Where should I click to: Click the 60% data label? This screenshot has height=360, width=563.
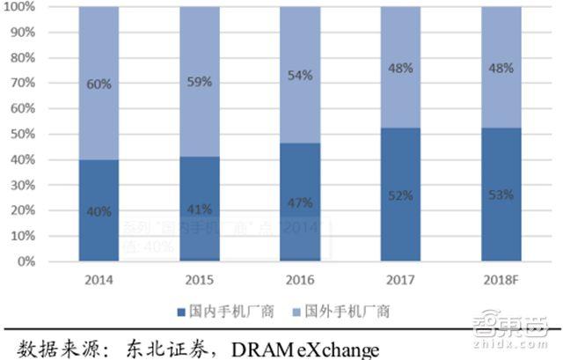99,84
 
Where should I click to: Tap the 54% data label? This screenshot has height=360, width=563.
300,75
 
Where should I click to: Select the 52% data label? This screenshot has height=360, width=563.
400,195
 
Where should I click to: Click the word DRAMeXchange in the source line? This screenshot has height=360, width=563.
305,349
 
